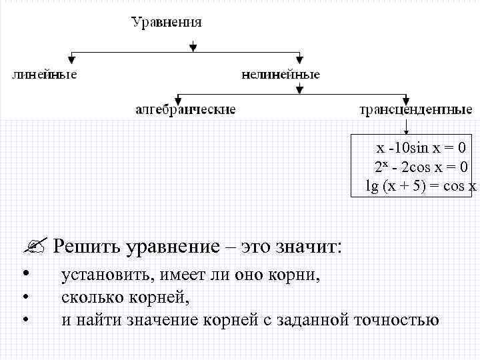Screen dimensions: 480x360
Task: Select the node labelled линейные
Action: (x=45, y=74)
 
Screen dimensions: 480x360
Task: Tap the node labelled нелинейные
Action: (x=281, y=74)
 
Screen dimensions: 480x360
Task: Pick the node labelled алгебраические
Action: (x=186, y=109)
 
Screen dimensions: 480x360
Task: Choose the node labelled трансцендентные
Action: (x=416, y=109)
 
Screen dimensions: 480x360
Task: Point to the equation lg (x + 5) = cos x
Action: (x=421, y=185)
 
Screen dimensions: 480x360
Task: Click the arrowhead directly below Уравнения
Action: (x=193, y=47)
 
